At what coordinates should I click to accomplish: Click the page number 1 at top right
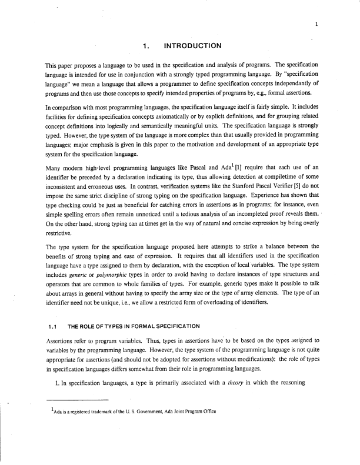coord(316,25)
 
